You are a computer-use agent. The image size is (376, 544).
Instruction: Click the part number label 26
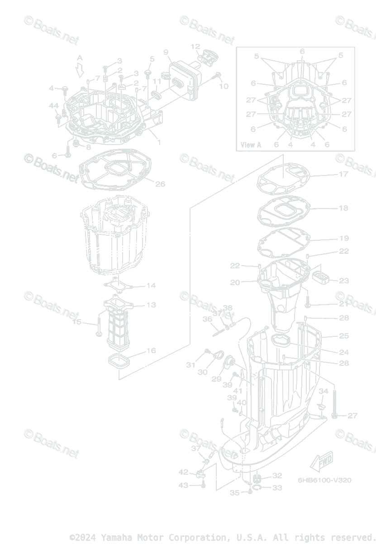160,184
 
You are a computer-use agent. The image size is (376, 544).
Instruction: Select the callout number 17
343,174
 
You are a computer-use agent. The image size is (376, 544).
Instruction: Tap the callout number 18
343,208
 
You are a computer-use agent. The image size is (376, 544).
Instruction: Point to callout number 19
344,238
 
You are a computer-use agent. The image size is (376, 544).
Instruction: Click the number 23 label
344,281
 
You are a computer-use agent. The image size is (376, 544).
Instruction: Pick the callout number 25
344,336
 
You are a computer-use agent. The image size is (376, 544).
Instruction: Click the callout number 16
151,350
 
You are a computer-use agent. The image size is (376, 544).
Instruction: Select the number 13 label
151,305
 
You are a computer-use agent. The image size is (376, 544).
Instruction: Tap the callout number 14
151,286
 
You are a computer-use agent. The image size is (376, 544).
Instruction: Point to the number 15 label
77,322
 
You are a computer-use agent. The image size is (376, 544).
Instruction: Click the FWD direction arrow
321,462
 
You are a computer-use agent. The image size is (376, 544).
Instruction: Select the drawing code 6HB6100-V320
324,480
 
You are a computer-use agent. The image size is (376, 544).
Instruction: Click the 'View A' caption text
251,145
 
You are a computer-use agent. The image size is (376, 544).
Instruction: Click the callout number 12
195,46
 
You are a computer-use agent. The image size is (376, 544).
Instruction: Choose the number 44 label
53,106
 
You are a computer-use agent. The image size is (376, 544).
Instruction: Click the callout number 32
277,476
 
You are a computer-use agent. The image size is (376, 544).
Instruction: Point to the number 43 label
183,485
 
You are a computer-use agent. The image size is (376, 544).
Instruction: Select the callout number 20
235,282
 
